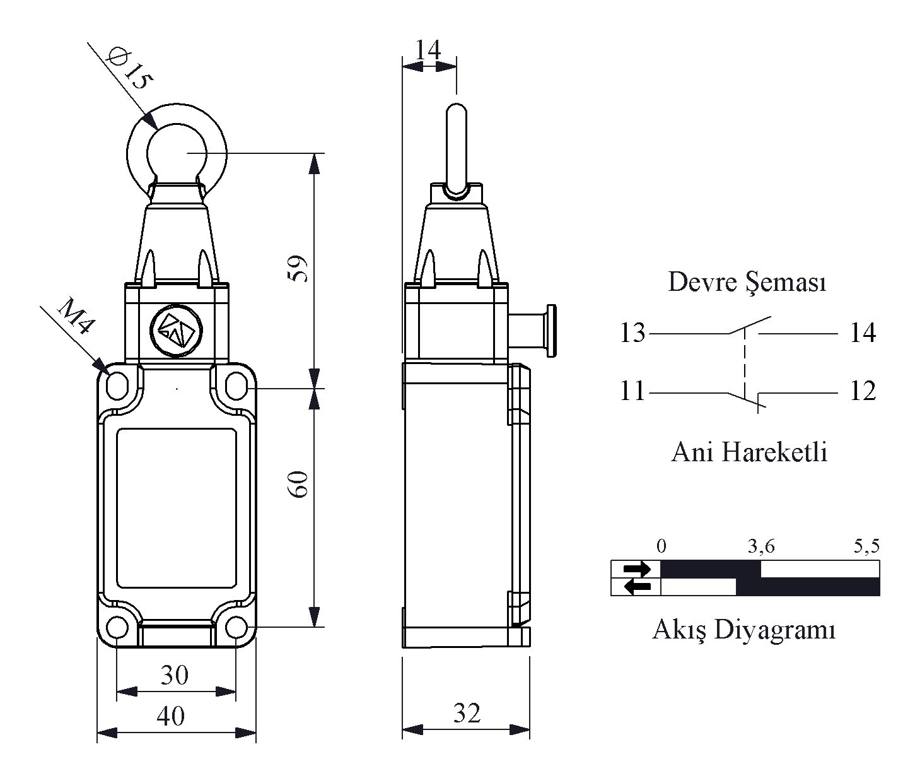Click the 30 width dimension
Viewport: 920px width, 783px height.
(x=174, y=675)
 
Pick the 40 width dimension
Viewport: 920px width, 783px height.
(x=170, y=716)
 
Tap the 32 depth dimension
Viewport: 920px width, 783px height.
(x=467, y=713)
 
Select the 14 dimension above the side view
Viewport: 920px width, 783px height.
(x=429, y=50)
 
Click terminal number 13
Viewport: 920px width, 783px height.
(x=632, y=333)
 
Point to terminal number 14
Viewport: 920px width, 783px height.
(x=863, y=333)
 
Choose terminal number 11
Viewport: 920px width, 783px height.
(x=632, y=391)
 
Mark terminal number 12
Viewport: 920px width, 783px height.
(x=863, y=391)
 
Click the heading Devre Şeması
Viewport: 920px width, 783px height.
(x=747, y=282)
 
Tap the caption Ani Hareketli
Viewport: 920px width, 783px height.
(x=749, y=452)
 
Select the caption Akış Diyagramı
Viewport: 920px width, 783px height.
(x=744, y=629)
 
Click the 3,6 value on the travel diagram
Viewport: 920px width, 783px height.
(x=761, y=546)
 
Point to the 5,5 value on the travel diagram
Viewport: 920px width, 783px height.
(x=866, y=546)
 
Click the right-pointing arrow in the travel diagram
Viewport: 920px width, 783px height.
(x=637, y=568)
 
